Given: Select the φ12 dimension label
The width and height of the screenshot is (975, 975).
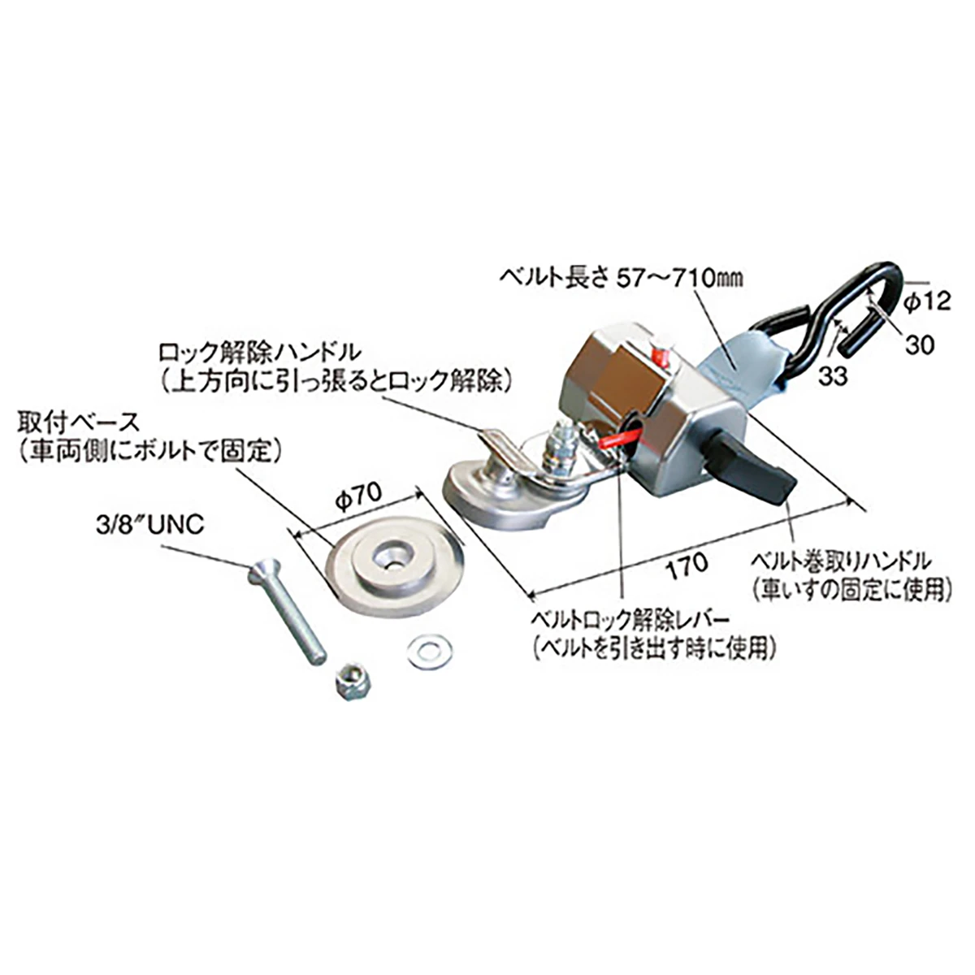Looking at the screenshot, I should [x=925, y=302].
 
